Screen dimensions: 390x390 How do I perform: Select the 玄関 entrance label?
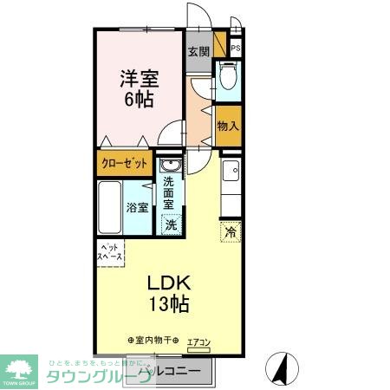[x=198, y=52]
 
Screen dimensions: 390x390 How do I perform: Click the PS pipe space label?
[x=235, y=49]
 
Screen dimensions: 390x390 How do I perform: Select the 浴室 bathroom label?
[x=138, y=208]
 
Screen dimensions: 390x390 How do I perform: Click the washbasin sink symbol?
[x=170, y=166]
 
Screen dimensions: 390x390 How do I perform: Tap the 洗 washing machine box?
[x=171, y=224]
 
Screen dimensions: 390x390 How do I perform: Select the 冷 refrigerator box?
[x=231, y=231]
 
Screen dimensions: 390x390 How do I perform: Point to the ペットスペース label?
[x=109, y=253]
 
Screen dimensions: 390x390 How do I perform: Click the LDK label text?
[x=166, y=283]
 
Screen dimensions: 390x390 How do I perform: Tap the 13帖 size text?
[x=167, y=304]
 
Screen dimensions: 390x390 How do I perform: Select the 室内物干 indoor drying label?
[x=153, y=341]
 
